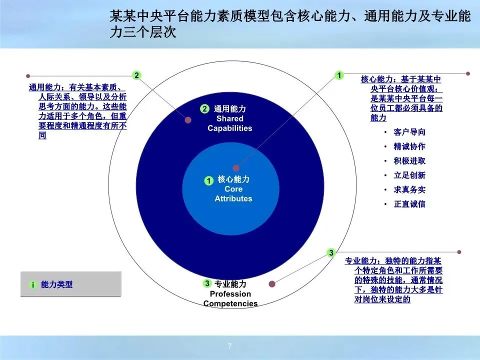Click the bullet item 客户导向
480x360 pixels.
coord(409,132)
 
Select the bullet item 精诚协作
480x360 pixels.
coord(409,146)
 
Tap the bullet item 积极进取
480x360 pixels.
coord(409,160)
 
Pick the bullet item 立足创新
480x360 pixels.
coord(409,175)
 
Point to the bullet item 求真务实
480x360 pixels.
coord(409,189)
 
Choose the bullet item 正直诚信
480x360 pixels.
coord(409,204)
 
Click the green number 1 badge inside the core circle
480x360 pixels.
coord(209,180)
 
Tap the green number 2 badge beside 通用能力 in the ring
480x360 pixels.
coord(205,108)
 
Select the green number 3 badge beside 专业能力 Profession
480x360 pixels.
coord(207,283)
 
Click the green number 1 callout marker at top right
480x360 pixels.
coord(339,75)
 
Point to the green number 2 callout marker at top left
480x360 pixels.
coord(137,75)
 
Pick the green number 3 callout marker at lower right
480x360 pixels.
coord(331,252)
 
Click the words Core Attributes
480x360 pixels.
coord(233,194)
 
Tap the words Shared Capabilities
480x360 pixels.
coord(230,123)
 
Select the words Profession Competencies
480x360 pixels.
coord(230,299)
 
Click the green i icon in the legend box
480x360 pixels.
coord(33,284)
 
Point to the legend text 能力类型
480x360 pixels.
coord(56,284)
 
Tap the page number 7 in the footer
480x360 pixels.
coord(229,346)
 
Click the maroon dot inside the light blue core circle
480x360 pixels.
coord(235,168)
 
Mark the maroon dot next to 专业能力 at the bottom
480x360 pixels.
coord(272,284)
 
